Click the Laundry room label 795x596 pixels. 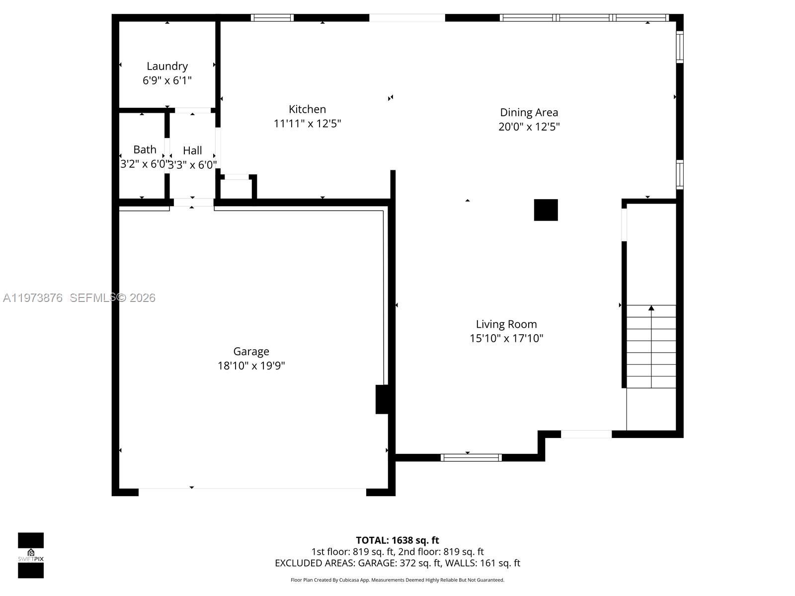click(x=167, y=66)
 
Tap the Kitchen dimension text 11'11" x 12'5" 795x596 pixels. click(x=307, y=123)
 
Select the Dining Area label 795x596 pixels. click(x=529, y=112)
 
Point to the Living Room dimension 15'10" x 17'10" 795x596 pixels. click(x=506, y=338)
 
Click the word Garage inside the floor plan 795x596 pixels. click(x=251, y=351)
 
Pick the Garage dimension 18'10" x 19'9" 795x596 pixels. click(x=251, y=366)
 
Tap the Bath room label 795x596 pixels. click(x=145, y=149)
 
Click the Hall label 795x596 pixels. click(x=192, y=150)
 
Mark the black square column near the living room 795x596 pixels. click(x=546, y=210)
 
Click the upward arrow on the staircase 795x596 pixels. click(x=651, y=308)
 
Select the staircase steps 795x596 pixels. click(x=651, y=348)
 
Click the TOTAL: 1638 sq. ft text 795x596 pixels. click(x=397, y=540)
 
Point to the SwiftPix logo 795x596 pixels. click(x=31, y=555)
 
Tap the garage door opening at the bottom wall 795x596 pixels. click(x=252, y=492)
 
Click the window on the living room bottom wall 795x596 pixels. click(x=471, y=457)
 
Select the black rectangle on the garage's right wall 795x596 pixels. click(x=382, y=399)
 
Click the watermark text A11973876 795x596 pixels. click(x=33, y=298)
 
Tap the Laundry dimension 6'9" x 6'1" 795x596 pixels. click(x=167, y=80)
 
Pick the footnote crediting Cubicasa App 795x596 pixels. click(x=397, y=580)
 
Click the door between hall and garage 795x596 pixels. click(x=193, y=202)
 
